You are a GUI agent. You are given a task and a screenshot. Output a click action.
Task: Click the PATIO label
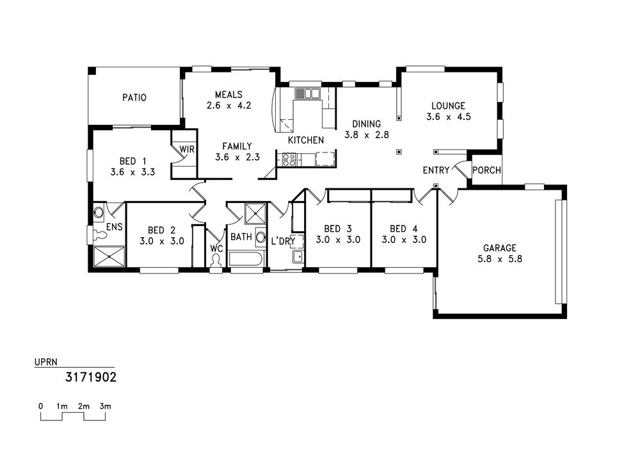pyautogui.click(x=134, y=97)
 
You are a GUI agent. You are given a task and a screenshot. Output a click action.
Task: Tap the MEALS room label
pyautogui.click(x=228, y=95)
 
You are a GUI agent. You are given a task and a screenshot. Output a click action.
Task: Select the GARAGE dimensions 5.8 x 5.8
pyautogui.click(x=500, y=259)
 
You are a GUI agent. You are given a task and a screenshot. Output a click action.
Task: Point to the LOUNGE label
pyautogui.click(x=448, y=106)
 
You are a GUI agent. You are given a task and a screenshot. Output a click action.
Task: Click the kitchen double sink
pyautogui.click(x=308, y=94)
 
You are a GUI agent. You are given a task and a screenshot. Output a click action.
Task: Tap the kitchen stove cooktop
pyautogui.click(x=289, y=160)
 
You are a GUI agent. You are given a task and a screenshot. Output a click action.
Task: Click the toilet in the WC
pyautogui.click(x=216, y=260)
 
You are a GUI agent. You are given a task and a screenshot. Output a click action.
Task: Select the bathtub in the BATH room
pyautogui.click(x=246, y=259)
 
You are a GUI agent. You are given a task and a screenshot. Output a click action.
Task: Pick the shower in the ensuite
pyautogui.click(x=109, y=256)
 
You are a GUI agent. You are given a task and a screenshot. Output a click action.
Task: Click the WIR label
pyautogui.click(x=187, y=149)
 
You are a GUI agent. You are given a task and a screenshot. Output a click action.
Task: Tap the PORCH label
pyautogui.click(x=486, y=170)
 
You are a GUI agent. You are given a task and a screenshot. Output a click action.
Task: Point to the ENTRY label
pyautogui.click(x=436, y=170)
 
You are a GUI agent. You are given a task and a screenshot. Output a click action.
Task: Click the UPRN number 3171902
pyautogui.click(x=91, y=377)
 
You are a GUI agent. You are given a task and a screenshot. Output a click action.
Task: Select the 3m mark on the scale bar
pyautogui.click(x=106, y=406)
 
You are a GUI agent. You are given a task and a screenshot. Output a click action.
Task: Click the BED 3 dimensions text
pyautogui.click(x=338, y=240)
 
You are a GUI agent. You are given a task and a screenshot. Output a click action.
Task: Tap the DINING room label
pyautogui.click(x=367, y=124)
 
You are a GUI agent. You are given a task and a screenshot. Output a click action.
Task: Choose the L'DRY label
pyautogui.click(x=283, y=242)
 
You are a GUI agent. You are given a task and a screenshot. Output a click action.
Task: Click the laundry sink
pyautogui.click(x=298, y=257)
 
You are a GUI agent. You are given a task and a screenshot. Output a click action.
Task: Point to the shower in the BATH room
pyautogui.click(x=255, y=213)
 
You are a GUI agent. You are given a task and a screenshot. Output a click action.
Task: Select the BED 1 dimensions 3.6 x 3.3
pyautogui.click(x=132, y=172)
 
